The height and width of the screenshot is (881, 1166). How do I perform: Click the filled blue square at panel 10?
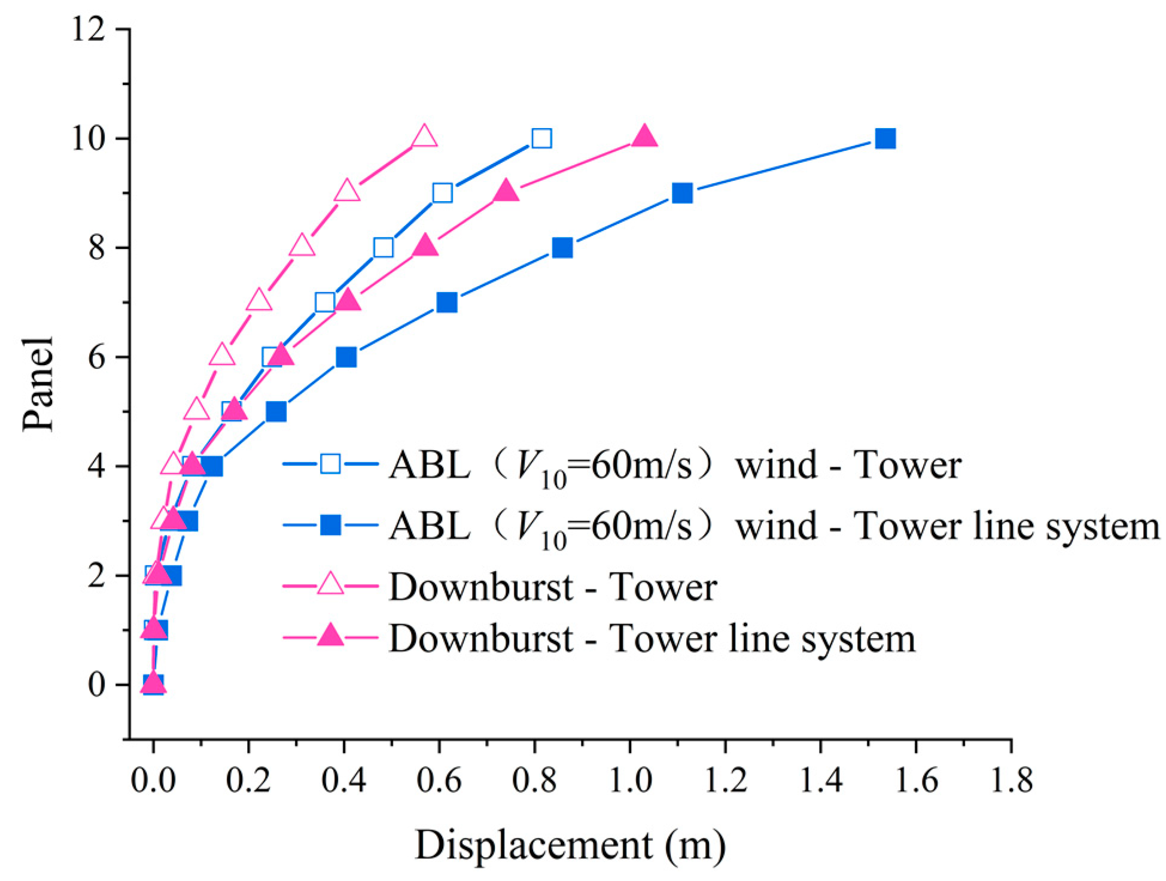tap(885, 138)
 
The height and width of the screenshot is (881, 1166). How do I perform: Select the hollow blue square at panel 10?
tap(541, 138)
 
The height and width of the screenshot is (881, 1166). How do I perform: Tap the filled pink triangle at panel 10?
tap(644, 137)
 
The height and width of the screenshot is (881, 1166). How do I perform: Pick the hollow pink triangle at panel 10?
tap(424, 136)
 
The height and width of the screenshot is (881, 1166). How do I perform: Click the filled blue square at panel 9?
tap(682, 193)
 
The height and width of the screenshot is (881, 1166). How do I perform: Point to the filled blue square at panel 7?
tap(447, 302)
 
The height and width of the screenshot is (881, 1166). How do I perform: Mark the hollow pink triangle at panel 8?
tap(302, 246)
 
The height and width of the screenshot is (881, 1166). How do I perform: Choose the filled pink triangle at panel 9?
tap(506, 191)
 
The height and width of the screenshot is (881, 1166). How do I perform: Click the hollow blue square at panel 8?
tap(383, 247)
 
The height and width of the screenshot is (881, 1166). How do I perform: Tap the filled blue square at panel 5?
tap(276, 412)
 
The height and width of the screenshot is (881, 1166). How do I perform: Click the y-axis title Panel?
tap(38, 384)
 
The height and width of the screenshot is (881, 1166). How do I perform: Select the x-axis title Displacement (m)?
tap(570, 846)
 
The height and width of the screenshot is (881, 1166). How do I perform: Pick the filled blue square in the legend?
tap(330, 525)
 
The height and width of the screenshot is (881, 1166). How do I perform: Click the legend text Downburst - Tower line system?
tap(652, 638)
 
